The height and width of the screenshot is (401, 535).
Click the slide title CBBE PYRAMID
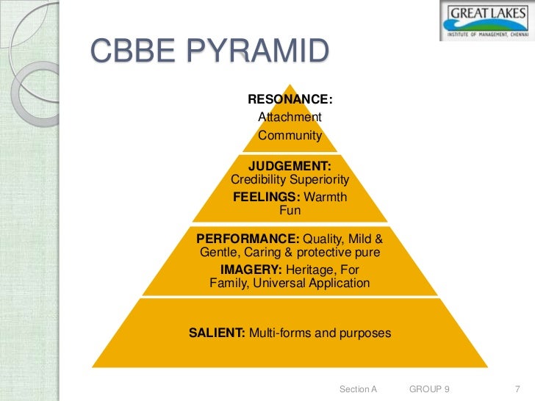point(209,54)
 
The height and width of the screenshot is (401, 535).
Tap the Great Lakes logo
point(487,20)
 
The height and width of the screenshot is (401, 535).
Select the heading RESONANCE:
point(290,99)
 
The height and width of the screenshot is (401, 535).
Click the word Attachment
point(290,118)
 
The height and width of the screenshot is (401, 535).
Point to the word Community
point(290,135)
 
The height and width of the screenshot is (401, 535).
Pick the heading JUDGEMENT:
point(290,166)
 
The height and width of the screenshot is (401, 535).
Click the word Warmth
point(324,198)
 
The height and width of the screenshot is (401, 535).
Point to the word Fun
point(290,212)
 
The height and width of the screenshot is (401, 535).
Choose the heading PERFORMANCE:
point(248,239)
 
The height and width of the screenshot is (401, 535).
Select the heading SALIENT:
point(217,333)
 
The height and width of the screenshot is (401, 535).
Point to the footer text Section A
point(358,388)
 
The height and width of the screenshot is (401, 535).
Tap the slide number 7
point(516,388)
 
